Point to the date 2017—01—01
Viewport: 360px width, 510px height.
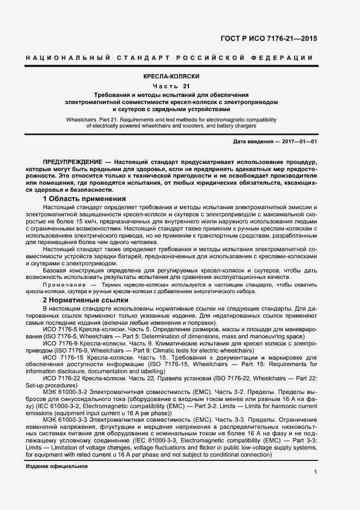tap(299, 142)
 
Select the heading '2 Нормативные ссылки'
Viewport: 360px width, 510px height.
tap(85, 300)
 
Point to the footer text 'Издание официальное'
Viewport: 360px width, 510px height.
tap(57, 467)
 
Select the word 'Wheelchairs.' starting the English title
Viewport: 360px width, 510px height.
tap(82, 118)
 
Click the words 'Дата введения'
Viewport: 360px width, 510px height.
tap(253, 142)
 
